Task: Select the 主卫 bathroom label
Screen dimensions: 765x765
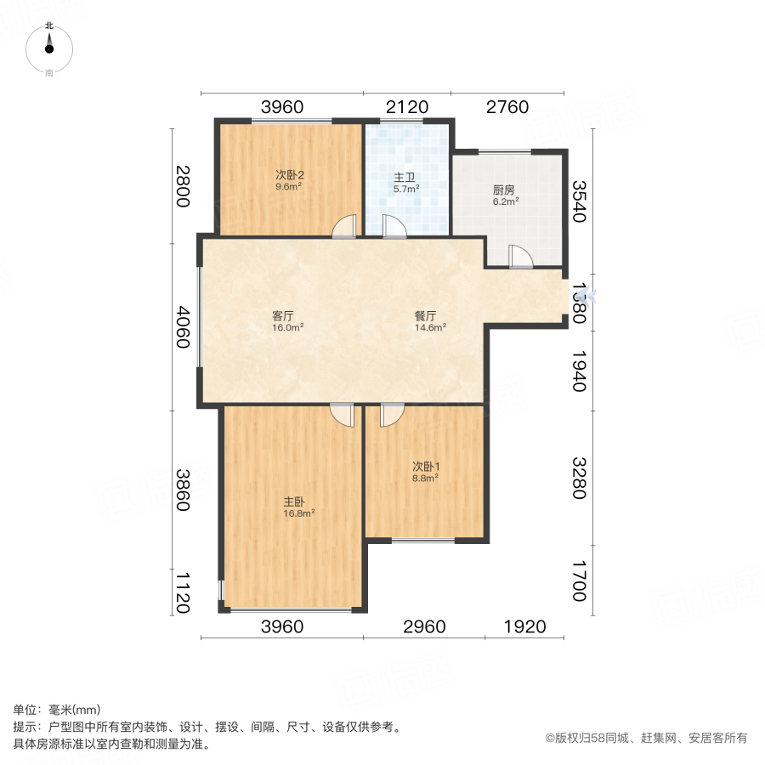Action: [404, 178]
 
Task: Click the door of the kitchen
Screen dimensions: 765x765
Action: [520, 257]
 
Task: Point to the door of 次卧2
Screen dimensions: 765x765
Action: [344, 227]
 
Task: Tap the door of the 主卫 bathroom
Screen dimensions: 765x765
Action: [394, 227]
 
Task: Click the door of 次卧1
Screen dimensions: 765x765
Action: [392, 414]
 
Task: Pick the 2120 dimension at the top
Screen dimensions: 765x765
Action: [406, 107]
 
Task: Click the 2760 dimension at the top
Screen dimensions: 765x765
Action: [507, 107]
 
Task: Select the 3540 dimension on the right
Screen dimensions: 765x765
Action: [579, 201]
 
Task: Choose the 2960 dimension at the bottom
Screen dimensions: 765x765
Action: [424, 627]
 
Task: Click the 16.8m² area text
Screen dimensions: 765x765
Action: [299, 513]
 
